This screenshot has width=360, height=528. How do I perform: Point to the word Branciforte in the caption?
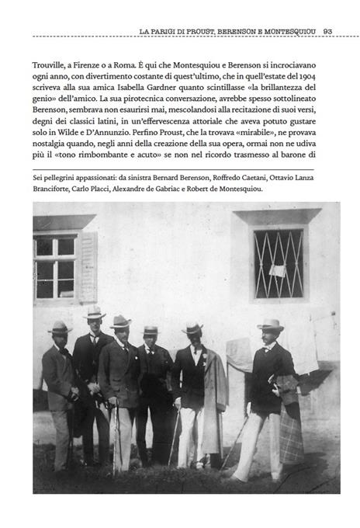(53, 189)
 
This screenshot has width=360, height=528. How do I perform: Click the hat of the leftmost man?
(60, 327)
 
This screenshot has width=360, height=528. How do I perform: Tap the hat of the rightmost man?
(270, 325)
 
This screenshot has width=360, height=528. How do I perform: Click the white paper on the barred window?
(277, 271)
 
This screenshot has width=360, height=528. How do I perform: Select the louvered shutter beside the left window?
(87, 266)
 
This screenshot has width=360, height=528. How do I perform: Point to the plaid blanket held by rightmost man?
(290, 435)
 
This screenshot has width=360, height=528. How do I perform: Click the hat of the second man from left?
(95, 313)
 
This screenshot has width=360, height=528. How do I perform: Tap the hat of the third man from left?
(120, 321)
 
